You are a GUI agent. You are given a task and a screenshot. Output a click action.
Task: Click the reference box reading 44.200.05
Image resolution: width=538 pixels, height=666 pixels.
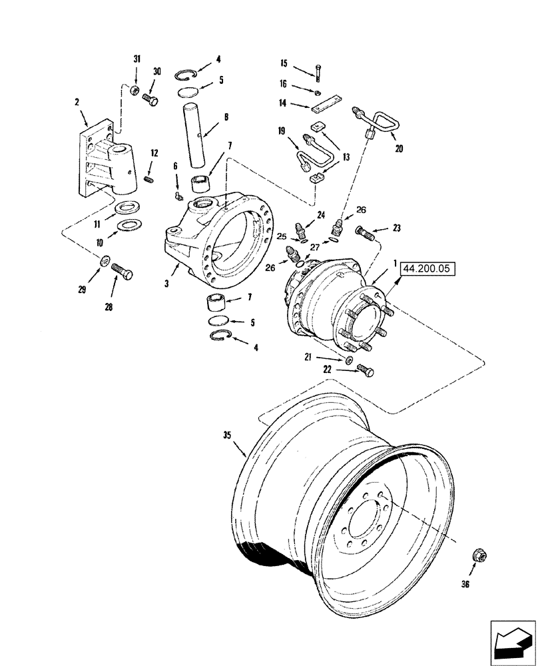click(x=425, y=269)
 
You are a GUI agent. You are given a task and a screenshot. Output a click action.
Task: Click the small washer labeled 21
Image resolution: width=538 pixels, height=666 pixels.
click(x=349, y=360)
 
